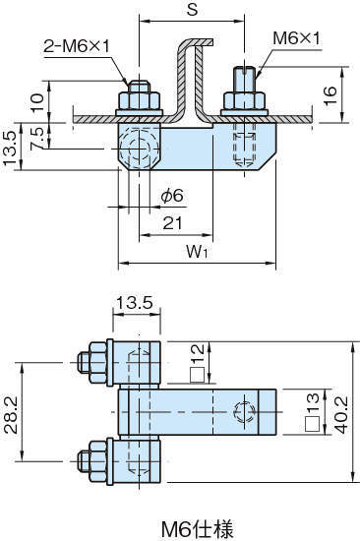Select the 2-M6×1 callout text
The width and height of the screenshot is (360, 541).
tap(77, 46)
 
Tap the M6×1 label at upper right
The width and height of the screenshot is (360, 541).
tap(296, 38)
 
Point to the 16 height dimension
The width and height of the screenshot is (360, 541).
tap(330, 95)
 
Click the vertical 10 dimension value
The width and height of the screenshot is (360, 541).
tap(37, 102)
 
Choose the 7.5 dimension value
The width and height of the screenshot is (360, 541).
tap(37, 139)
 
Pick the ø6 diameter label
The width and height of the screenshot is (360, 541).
tap(172, 196)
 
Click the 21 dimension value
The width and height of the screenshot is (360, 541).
tap(172, 223)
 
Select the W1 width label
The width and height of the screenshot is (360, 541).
tap(197, 252)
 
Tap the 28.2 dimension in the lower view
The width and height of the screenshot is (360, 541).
tap(11, 414)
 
